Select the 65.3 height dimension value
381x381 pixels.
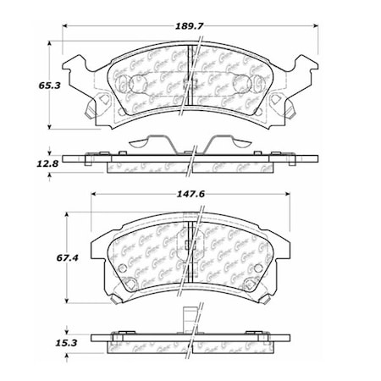29,86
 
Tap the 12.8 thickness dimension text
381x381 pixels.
29,163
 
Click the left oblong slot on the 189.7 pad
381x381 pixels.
130,85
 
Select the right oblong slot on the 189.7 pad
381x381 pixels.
252,86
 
